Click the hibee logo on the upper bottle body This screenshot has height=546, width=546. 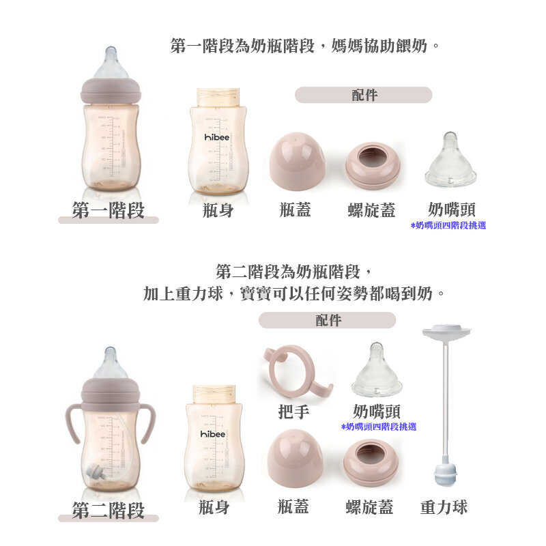[217, 137]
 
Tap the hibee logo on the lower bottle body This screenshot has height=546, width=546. [213, 434]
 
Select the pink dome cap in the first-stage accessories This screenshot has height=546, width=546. [297, 161]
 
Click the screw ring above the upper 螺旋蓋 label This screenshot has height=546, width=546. [373, 165]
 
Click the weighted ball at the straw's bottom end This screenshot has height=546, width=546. [446, 475]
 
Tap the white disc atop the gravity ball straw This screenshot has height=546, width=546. [446, 330]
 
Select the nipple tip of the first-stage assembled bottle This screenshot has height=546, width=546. [111, 53]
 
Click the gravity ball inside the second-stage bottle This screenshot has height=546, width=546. [95, 472]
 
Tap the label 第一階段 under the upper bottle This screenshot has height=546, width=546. [109, 210]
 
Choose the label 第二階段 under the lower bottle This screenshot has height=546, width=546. [109, 510]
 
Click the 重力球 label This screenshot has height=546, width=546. [444, 507]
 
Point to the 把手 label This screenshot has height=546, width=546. [294, 412]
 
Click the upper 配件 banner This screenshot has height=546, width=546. [364, 95]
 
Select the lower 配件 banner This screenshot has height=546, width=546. [328, 320]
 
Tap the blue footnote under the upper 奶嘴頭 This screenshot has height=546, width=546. [448, 226]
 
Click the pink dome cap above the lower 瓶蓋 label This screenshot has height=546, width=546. [295, 458]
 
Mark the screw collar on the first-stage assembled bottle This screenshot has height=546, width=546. [111, 91]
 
